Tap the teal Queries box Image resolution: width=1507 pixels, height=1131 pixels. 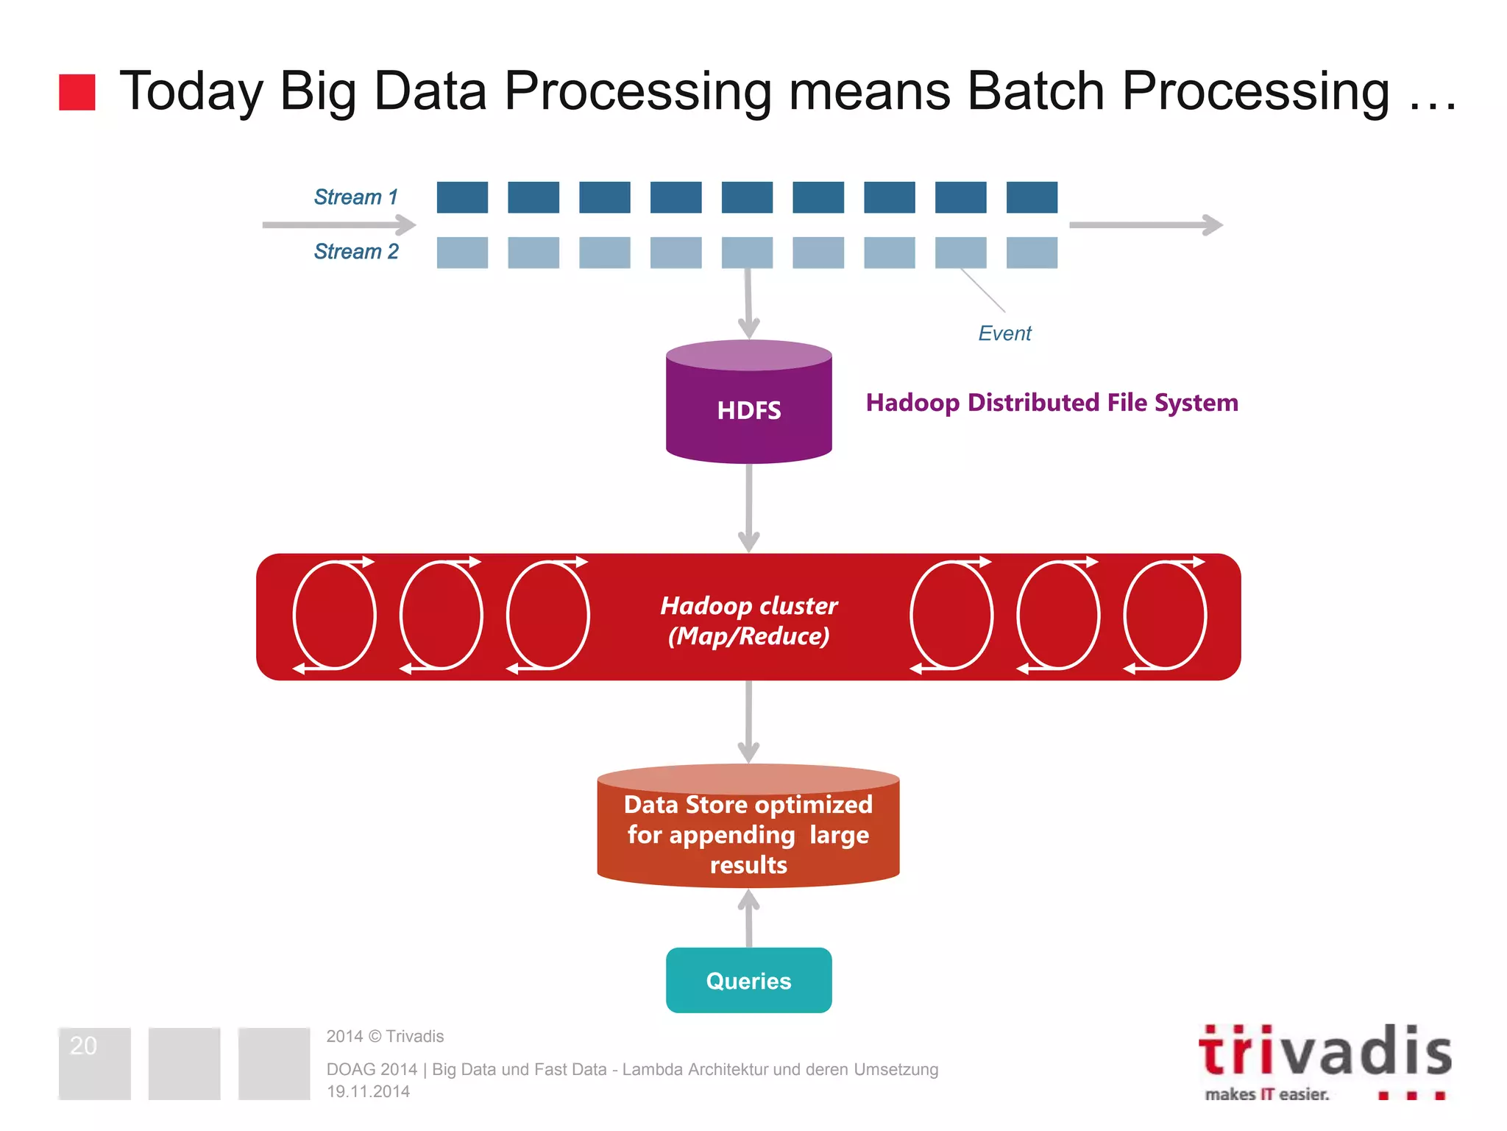click(x=748, y=980)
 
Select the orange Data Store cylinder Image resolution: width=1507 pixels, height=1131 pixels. click(x=748, y=828)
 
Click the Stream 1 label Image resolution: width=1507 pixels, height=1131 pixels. click(x=355, y=197)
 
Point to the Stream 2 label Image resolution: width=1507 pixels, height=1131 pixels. click(x=356, y=252)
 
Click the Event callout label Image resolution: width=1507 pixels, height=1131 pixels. click(x=1004, y=334)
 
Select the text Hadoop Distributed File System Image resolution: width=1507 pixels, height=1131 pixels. click(x=1052, y=403)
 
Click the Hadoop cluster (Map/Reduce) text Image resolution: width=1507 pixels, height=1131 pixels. click(x=748, y=620)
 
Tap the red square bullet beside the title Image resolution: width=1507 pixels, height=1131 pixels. click(x=77, y=93)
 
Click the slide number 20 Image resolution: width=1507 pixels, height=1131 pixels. click(x=83, y=1046)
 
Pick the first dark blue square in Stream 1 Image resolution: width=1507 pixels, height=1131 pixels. click(x=462, y=197)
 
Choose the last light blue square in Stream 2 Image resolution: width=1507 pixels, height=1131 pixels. click(x=1032, y=253)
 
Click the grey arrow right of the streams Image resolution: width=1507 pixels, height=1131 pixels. click(x=1145, y=225)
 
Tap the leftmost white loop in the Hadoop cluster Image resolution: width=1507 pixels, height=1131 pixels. click(x=335, y=616)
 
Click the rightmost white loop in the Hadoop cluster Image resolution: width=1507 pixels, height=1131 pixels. click(x=1165, y=616)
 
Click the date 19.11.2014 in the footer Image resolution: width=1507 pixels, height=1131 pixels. click(x=368, y=1091)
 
